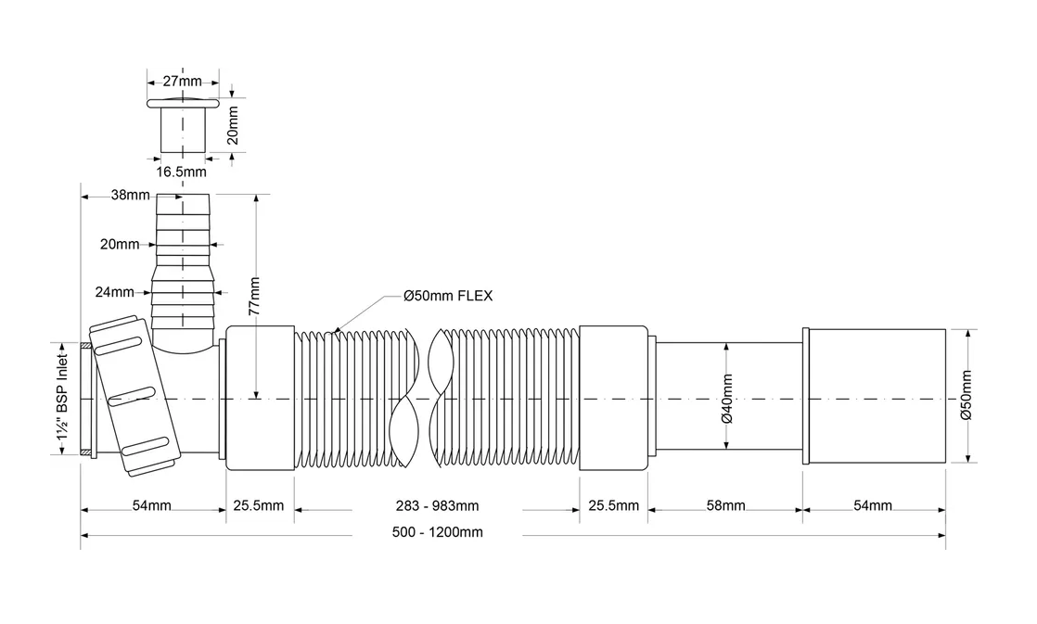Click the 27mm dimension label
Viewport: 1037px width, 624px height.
pos(183,82)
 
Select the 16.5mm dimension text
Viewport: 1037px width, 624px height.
pos(181,172)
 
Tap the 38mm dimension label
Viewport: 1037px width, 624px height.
pos(131,196)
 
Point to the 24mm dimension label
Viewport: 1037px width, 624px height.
pos(115,292)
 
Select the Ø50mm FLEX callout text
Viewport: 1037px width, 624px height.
pos(448,296)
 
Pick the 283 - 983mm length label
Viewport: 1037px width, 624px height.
pos(436,505)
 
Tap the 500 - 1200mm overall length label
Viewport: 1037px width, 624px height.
pos(436,532)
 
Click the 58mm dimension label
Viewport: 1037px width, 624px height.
pos(725,505)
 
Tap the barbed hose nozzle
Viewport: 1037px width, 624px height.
pos(184,260)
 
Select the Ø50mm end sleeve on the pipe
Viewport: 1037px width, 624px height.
pos(875,397)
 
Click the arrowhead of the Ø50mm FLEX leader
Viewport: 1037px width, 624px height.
pos(337,329)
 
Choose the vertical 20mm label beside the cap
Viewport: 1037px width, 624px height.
pos(233,124)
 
